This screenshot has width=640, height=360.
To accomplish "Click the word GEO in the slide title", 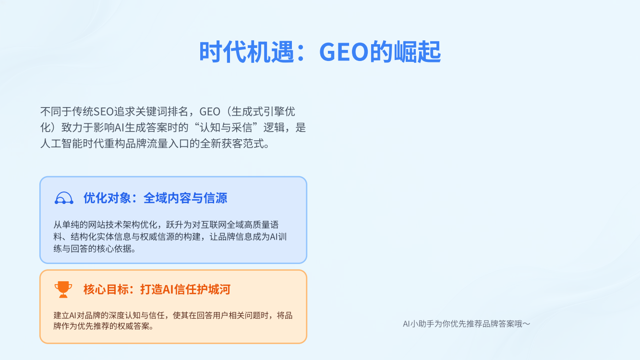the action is (344, 52).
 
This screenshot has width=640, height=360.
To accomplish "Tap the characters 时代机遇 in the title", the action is (247, 52).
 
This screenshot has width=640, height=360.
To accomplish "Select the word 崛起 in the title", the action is (417, 52).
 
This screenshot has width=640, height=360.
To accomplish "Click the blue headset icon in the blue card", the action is (64, 198).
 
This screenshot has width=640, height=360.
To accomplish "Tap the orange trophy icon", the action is (63, 289).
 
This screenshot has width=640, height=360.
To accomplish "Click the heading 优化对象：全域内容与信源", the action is (155, 198).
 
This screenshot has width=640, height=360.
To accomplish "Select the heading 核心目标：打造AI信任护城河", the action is (157, 289).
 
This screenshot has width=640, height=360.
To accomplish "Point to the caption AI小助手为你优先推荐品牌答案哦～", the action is (467, 324).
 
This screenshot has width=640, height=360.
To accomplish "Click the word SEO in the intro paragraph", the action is (104, 111).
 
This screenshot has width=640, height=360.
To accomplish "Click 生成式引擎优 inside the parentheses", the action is (263, 111).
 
